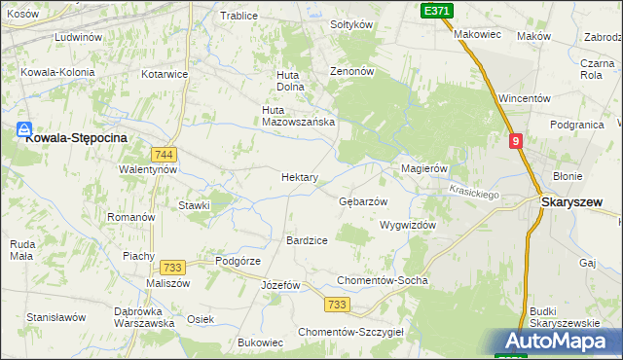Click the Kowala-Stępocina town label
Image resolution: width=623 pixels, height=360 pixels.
[x=77, y=138]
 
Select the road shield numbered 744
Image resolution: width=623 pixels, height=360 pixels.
[x=164, y=155]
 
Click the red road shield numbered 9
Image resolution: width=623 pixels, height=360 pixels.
[x=516, y=141]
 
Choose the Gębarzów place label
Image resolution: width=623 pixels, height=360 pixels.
[x=363, y=201]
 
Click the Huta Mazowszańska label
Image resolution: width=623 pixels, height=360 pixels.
[x=299, y=116]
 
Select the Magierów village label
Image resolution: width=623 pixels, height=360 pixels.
[x=424, y=168]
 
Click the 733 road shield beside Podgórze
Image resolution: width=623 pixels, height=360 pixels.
[x=173, y=268]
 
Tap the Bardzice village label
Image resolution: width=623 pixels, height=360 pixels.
[x=307, y=239]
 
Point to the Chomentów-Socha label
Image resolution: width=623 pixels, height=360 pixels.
[x=382, y=280]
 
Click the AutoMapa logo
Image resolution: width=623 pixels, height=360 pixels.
[x=557, y=342]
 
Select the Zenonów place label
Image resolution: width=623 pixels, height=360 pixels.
[x=351, y=72]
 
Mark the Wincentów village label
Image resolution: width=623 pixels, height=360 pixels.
[x=525, y=98]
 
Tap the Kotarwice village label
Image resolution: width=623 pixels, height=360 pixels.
[x=165, y=74]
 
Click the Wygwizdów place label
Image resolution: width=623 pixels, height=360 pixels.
[x=407, y=224]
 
